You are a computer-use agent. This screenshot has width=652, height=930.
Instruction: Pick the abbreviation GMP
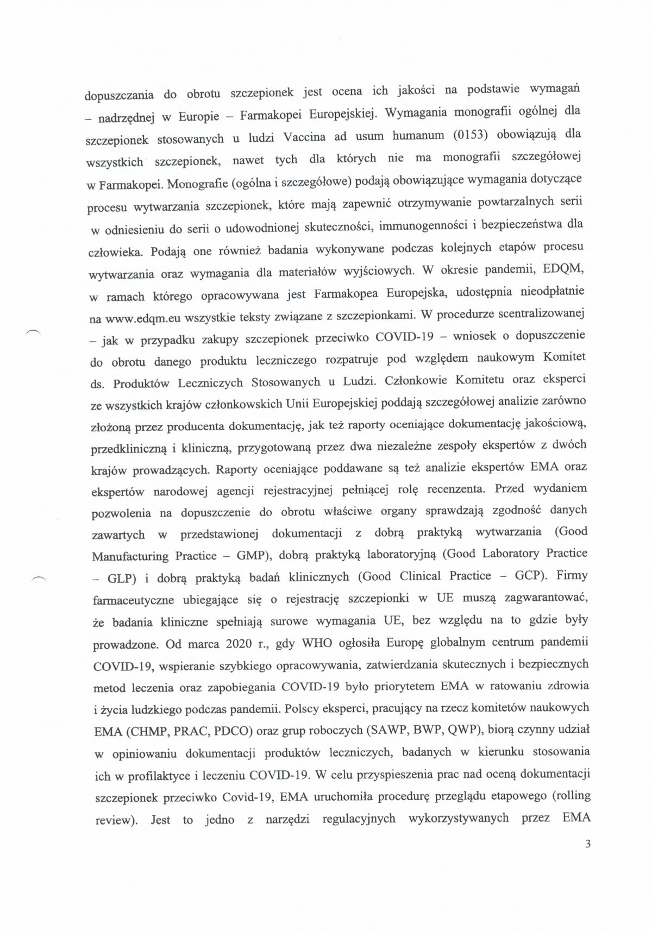253,556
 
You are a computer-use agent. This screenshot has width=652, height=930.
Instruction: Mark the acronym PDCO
229,731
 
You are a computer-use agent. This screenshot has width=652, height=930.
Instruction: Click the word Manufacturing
130,557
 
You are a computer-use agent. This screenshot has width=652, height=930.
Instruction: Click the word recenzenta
455,489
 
